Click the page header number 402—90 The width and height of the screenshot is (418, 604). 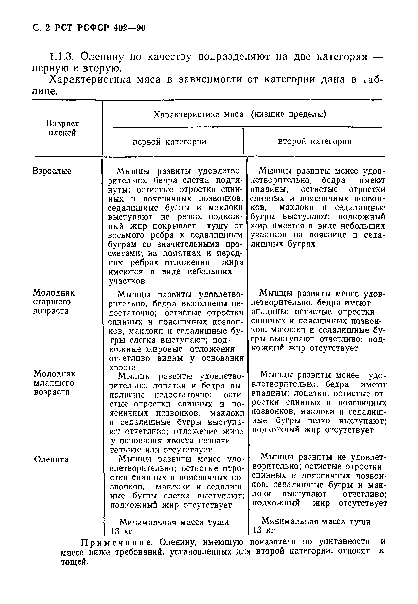point(129,28)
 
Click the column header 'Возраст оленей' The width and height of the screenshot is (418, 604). point(62,128)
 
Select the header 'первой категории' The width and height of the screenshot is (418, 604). point(169,142)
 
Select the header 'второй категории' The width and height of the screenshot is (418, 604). point(315,142)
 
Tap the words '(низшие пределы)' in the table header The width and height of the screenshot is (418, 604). point(288,114)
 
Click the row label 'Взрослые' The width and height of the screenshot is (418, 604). point(52,171)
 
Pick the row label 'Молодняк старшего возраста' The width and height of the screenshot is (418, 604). point(54,302)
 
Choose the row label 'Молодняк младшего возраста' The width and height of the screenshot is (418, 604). point(55,383)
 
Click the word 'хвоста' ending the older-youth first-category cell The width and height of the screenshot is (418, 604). point(122,368)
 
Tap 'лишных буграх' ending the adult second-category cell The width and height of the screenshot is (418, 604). point(283,244)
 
